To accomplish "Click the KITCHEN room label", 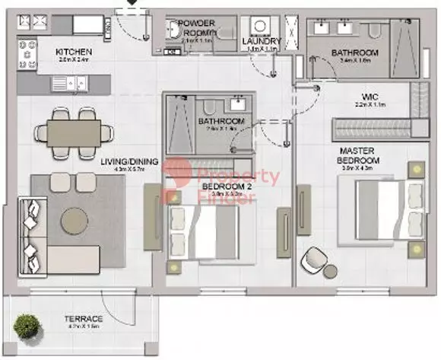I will [x=74, y=53].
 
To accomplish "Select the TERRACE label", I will [x=84, y=319].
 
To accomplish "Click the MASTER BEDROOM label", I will [x=359, y=156].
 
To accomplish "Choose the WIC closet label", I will [x=370, y=97].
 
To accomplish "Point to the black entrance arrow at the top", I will [x=132, y=3].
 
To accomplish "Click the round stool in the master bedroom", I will [x=332, y=271].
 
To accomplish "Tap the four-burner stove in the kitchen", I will [x=31, y=53].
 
